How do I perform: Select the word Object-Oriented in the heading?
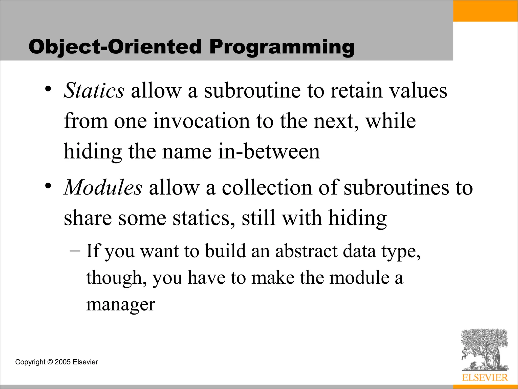tap(115, 47)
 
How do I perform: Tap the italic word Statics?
tap(94, 90)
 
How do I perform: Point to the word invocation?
tap(201, 121)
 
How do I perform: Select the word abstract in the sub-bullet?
tap(306, 251)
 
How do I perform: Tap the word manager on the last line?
tap(121, 305)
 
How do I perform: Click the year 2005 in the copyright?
tap(62, 362)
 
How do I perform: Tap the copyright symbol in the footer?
tap(50, 362)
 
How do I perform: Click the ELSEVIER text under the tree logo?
tap(485, 378)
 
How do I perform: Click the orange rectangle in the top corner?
tap(485, 11)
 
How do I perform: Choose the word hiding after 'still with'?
tap(357, 218)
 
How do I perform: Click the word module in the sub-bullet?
tap(359, 278)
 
